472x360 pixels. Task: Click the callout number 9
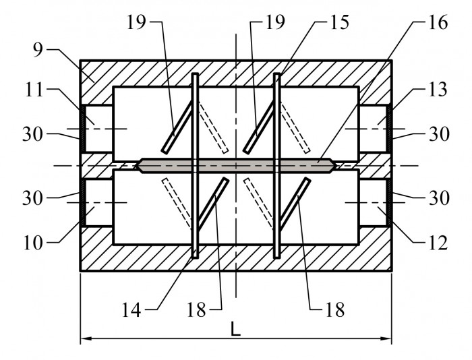click(x=38, y=50)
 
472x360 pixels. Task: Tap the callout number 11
click(x=34, y=90)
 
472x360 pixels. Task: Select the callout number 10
click(x=33, y=243)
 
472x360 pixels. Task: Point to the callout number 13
click(x=438, y=90)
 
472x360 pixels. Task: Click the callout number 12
click(x=438, y=243)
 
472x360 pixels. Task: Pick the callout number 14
click(x=131, y=310)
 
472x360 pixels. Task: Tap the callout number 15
click(x=340, y=22)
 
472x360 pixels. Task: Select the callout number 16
click(x=438, y=22)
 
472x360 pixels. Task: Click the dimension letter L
click(x=236, y=329)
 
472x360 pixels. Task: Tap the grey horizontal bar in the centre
click(x=236, y=166)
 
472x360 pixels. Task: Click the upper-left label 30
click(x=32, y=134)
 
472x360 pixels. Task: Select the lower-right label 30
click(x=439, y=198)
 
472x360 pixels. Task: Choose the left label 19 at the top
click(x=136, y=22)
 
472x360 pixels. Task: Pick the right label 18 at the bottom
click(x=335, y=310)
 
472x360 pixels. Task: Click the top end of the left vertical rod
click(x=196, y=73)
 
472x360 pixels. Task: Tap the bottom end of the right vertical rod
click(x=277, y=258)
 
